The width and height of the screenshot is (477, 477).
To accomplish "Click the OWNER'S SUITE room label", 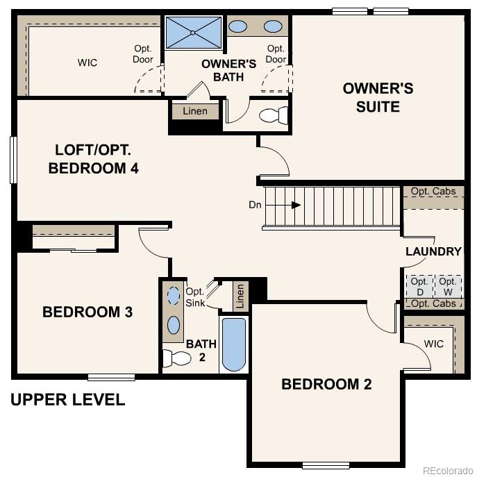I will coord(378,97).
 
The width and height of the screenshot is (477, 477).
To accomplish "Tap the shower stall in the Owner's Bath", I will coord(193,32).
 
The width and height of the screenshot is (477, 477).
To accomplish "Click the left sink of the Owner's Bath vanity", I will coord(238,26).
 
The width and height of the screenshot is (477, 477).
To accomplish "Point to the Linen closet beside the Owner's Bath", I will coord(195,112).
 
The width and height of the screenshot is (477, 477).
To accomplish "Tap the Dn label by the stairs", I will coord(255,205).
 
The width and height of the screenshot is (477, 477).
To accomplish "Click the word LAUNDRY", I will coord(433,251).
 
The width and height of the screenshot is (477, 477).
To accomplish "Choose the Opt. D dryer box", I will coord(419,286).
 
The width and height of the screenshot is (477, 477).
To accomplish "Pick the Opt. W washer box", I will coord(448,286).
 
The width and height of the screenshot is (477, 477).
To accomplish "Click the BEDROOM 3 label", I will coord(87,312).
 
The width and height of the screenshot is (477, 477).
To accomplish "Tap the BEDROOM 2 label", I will coord(326,384).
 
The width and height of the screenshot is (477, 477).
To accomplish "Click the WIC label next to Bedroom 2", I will coord(434,344).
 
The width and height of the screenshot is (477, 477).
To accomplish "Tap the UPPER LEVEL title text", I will coord(67,400).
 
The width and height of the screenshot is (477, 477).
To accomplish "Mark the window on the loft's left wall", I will coord(13,160).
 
